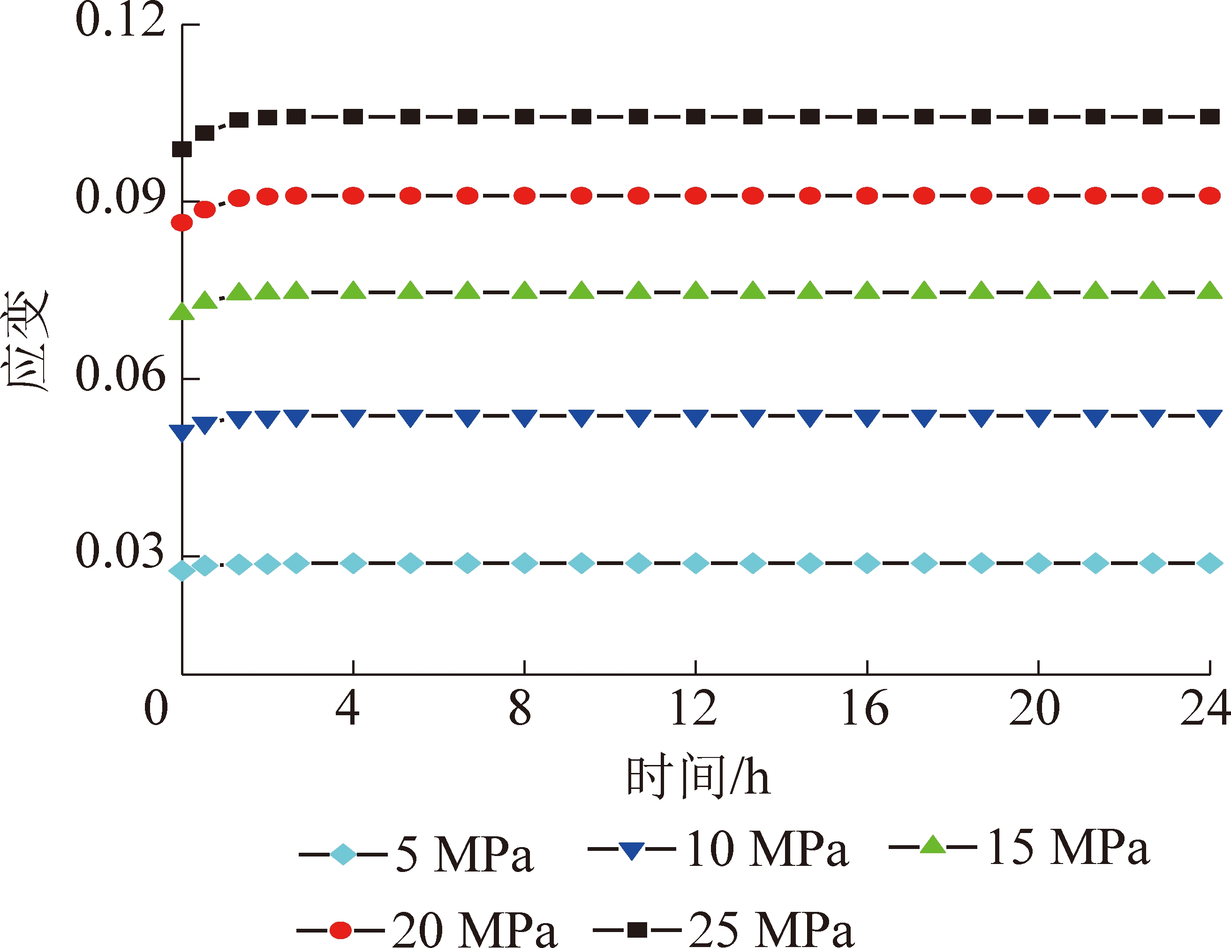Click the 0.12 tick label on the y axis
coord(120,20)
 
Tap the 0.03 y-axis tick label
coord(120,551)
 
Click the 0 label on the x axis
coord(156,708)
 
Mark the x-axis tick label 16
coord(865,708)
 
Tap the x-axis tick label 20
coord(1035,708)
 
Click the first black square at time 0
coord(182,149)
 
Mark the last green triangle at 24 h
coord(1209,291)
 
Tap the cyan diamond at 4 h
coord(354,563)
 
